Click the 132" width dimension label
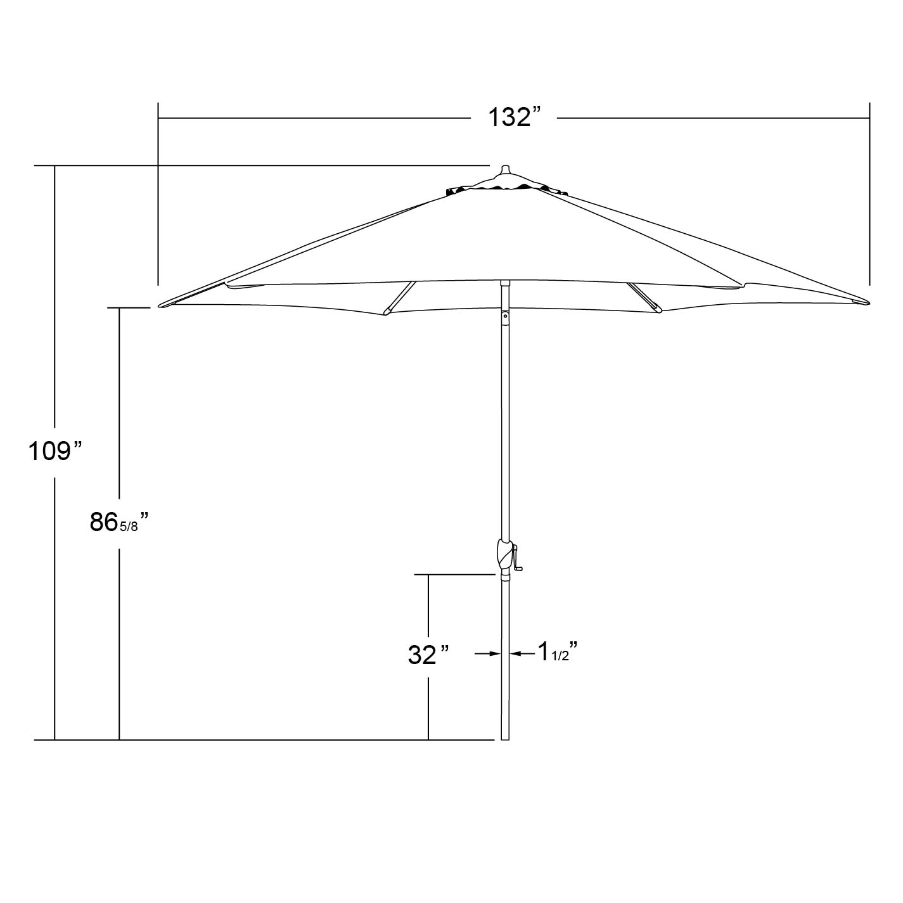coord(516,117)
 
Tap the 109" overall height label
coord(56,451)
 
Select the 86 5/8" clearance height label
coord(119,523)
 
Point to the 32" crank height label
coord(429,655)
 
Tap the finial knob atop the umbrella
coord(505,171)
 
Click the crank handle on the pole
coord(518,561)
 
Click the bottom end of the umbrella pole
coord(505,738)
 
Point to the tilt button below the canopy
coord(505,313)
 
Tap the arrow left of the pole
coord(488,653)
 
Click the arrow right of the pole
coord(522,653)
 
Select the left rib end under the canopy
coord(386,311)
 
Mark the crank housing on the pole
coord(504,554)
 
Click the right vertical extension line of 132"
coord(869,193)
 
